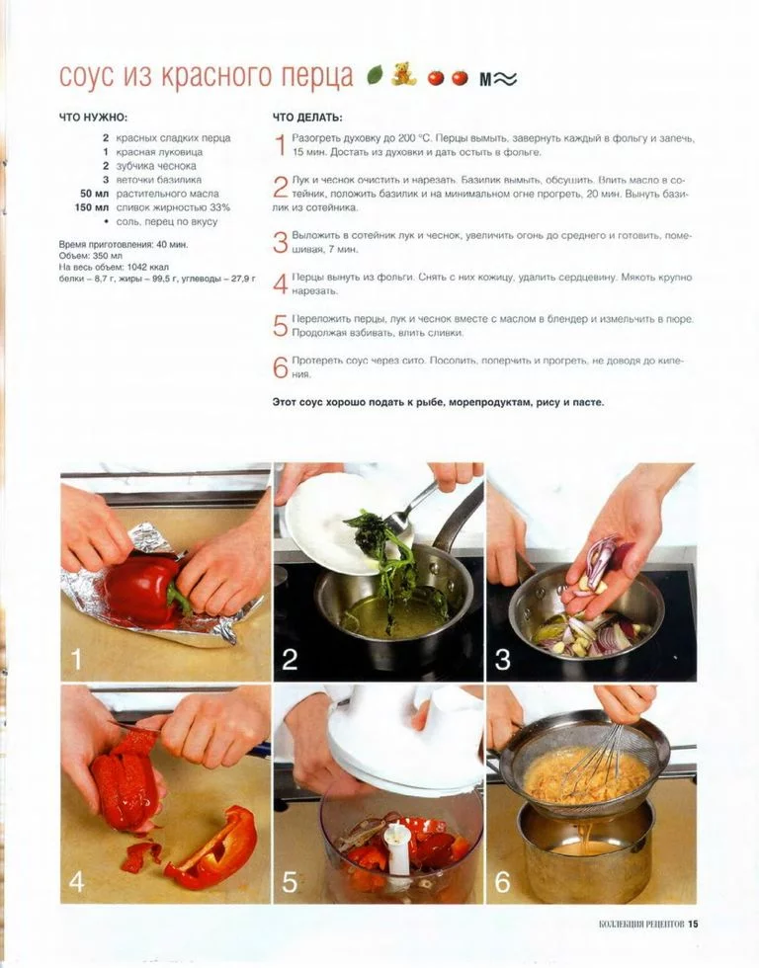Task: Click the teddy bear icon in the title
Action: click(x=403, y=73)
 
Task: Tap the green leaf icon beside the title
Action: click(x=375, y=75)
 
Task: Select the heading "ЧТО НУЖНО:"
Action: click(x=93, y=118)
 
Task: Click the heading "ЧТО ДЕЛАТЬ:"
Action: click(x=307, y=118)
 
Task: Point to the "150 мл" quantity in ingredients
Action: click(x=91, y=207)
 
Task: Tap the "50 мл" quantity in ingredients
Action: click(x=94, y=194)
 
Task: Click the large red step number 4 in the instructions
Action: click(x=281, y=284)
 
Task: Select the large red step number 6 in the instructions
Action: click(x=281, y=367)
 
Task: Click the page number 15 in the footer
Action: click(x=693, y=925)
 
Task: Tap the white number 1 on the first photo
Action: click(x=76, y=660)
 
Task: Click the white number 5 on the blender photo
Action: click(x=290, y=882)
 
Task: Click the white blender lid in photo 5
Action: click(x=401, y=740)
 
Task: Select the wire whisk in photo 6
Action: click(x=597, y=752)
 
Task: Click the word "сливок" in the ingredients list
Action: click(x=130, y=207)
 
